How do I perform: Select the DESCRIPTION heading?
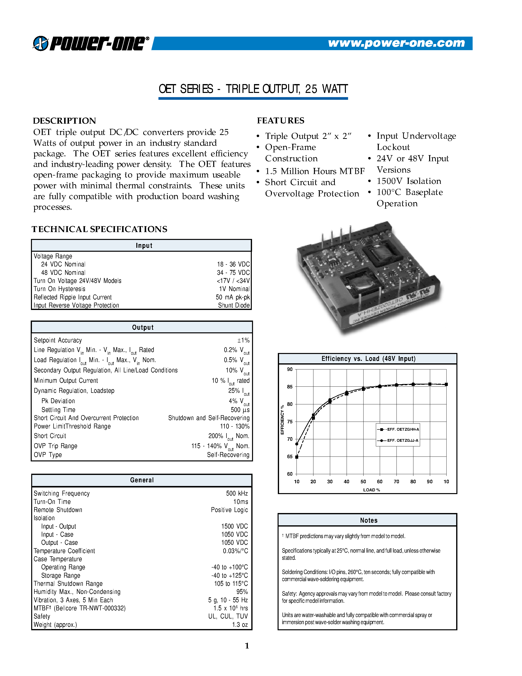[x=64, y=121]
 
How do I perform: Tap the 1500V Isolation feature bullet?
[x=409, y=181]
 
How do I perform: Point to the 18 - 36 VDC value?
[x=233, y=264]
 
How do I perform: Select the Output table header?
[x=142, y=327]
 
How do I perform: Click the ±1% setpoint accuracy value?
[x=243, y=340]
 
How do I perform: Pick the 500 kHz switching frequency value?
[x=237, y=493]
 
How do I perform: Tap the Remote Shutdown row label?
[x=58, y=510]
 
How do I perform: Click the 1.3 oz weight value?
[x=240, y=625]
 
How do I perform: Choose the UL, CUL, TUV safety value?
[x=228, y=616]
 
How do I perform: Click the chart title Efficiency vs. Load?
[x=368, y=359]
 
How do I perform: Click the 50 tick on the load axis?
[x=363, y=482]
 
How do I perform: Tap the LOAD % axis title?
[x=371, y=490]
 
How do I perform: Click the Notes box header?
[x=368, y=520]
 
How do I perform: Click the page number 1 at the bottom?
[x=247, y=646]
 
